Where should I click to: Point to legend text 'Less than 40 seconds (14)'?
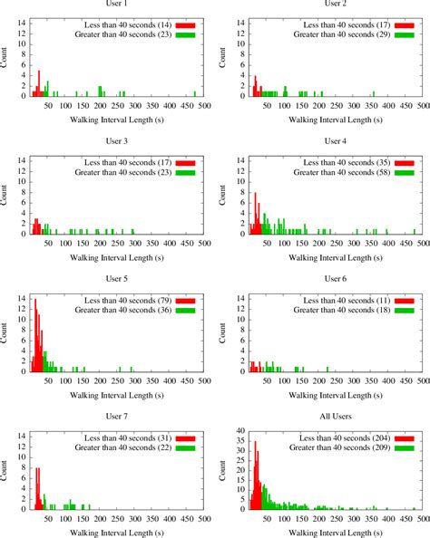point(121,24)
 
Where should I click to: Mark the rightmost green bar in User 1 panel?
point(195,93)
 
